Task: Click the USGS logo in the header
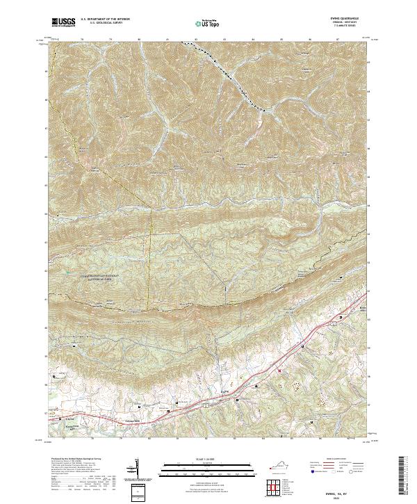click(x=65, y=23)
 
